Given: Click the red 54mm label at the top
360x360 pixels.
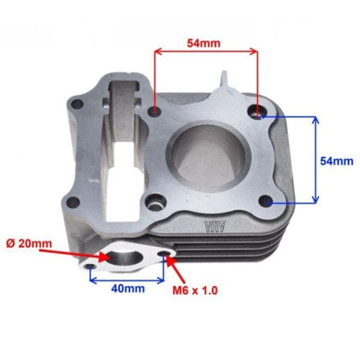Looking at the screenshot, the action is pos(204,43).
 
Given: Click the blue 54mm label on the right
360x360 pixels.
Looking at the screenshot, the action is pos(337,161).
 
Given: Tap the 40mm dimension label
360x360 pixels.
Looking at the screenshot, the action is pos(127,289).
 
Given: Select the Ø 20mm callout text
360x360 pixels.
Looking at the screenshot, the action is pos(29,244).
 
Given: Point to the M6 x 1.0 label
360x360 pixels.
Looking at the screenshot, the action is pos(195,290).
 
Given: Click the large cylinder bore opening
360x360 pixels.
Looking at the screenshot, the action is pos(208,155).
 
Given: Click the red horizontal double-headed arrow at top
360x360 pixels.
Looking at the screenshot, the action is pos(206,52).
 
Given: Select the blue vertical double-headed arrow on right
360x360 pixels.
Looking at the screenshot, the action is pos(316,160).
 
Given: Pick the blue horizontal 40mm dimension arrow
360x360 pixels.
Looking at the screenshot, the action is pos(127,280).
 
